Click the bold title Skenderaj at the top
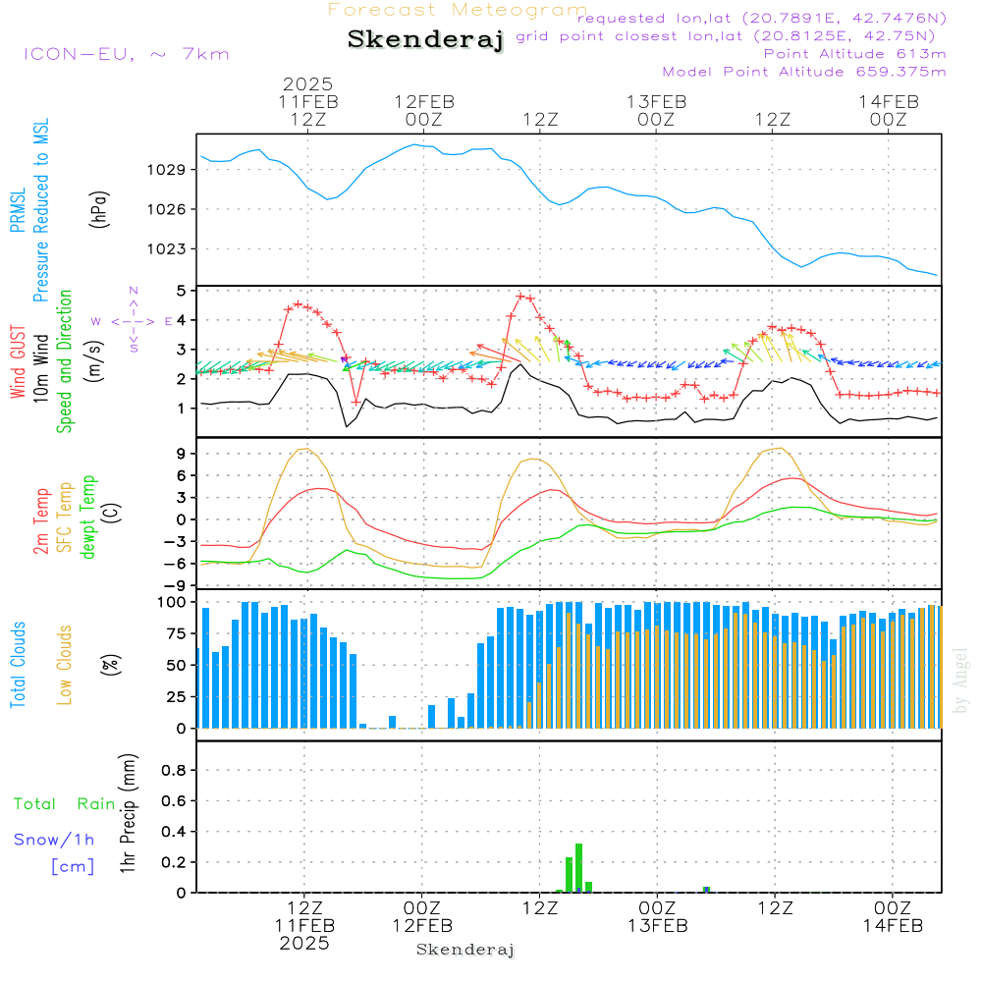point(425,40)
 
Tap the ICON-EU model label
point(126,54)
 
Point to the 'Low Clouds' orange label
point(65,664)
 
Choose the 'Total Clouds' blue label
point(19,664)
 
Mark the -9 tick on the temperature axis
point(178,584)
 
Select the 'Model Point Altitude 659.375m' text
point(804,72)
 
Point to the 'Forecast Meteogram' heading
point(458,10)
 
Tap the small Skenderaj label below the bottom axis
point(465,950)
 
